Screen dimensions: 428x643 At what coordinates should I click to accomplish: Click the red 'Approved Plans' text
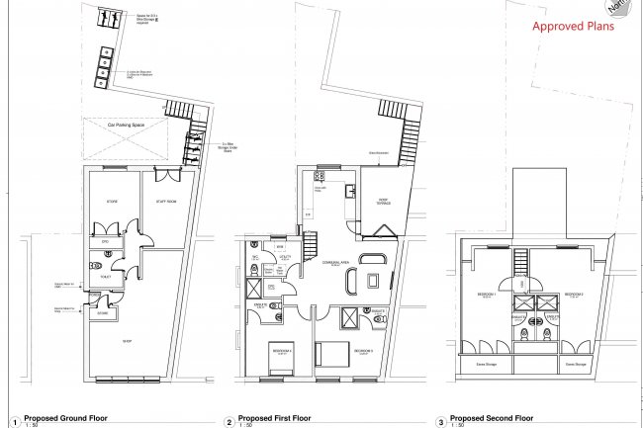click(x=574, y=27)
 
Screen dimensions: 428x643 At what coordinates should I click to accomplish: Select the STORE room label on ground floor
click(x=112, y=202)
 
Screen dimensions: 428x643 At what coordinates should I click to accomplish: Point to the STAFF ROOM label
click(x=165, y=202)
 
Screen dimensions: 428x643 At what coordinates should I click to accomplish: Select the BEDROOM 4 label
click(x=283, y=351)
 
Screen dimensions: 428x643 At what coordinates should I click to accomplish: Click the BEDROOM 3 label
click(x=362, y=351)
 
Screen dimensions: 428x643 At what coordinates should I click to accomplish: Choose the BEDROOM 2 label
click(x=576, y=295)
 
